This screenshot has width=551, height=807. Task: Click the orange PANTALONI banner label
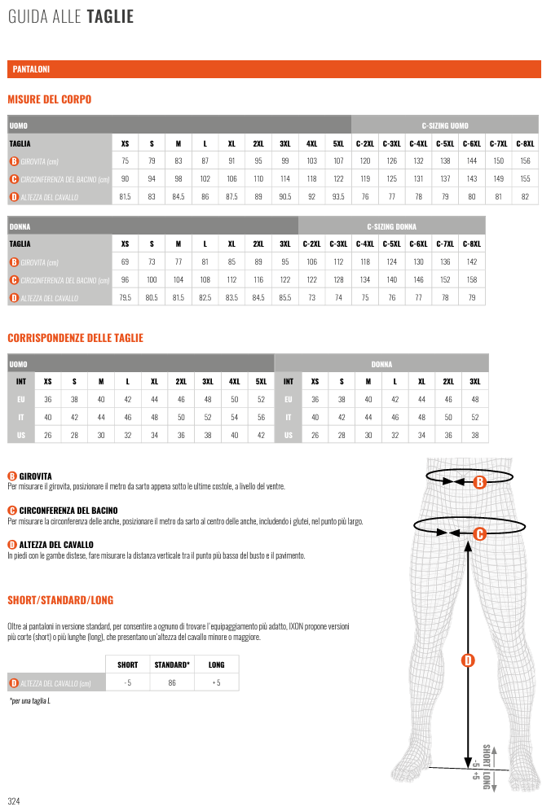click(x=32, y=70)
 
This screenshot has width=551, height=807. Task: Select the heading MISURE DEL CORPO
click(x=50, y=99)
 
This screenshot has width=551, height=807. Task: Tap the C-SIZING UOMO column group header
click(x=444, y=125)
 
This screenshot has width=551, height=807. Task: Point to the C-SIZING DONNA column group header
click(x=391, y=226)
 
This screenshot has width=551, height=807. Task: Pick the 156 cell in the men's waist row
click(x=525, y=161)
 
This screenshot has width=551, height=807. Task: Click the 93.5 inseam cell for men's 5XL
click(x=338, y=197)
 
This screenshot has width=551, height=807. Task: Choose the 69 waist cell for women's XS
click(x=125, y=262)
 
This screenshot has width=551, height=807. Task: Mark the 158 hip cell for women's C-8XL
click(x=471, y=280)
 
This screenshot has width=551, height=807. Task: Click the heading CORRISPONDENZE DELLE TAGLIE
click(x=75, y=338)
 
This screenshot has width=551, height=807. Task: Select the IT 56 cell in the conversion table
click(x=261, y=417)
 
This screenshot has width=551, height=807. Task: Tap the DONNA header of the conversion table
click(x=381, y=364)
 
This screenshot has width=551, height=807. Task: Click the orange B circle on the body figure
click(x=480, y=482)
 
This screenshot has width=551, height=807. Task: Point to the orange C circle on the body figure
click(x=480, y=534)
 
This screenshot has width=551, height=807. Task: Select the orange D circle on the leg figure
click(x=468, y=660)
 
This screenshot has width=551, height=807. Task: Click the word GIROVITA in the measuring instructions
click(x=35, y=476)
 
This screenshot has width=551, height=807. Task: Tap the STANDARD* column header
click(x=172, y=664)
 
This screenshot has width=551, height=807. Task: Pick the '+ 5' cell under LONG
click(x=216, y=682)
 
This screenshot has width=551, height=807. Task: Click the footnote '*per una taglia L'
click(x=30, y=701)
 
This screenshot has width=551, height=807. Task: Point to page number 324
click(x=14, y=801)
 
